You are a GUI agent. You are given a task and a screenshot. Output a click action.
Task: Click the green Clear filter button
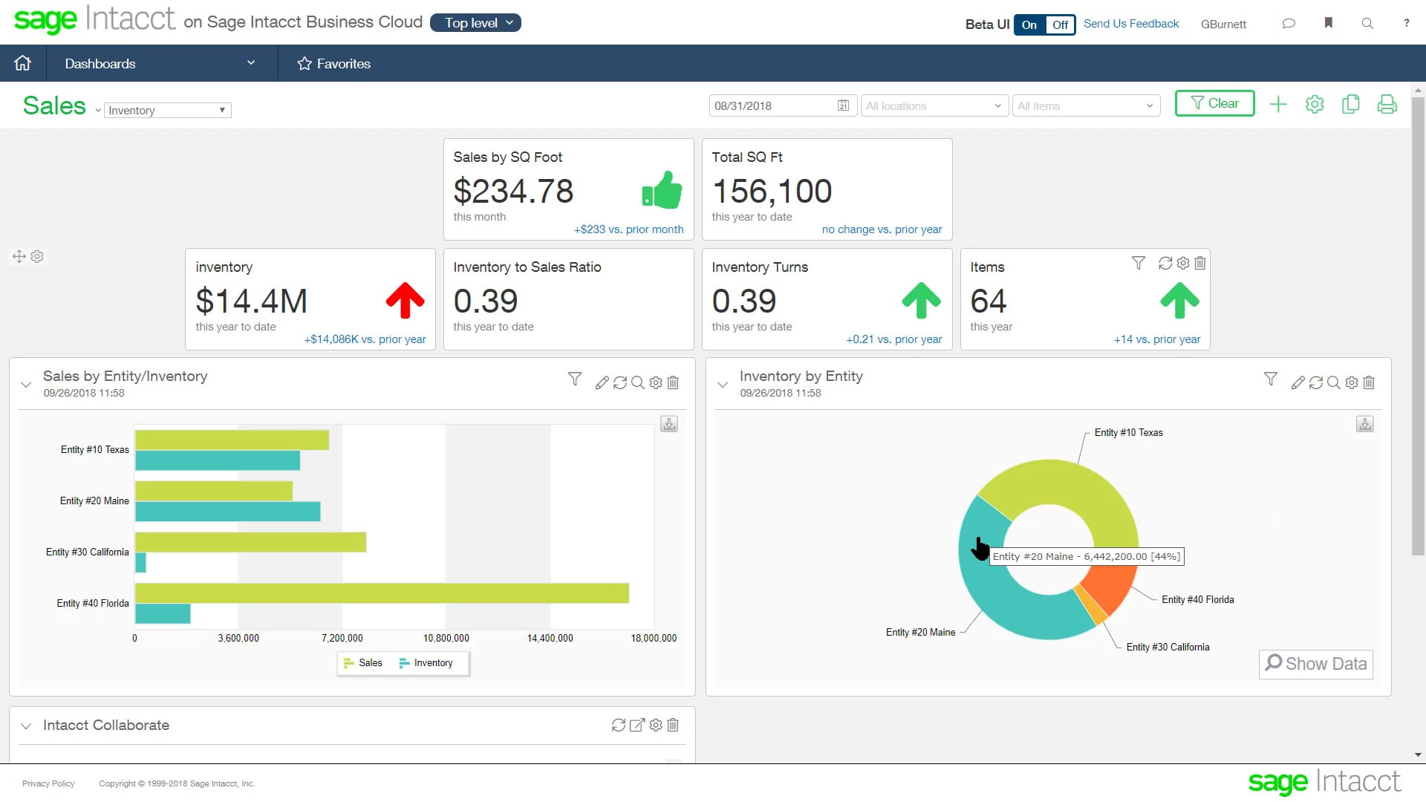[1214, 103]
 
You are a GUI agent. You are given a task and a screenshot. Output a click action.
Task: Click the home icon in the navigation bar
[23, 63]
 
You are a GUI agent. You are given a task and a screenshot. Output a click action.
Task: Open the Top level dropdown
[475, 23]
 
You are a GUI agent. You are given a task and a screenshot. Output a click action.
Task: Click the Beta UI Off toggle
[1060, 25]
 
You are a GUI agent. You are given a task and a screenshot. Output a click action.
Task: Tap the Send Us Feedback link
[1130, 24]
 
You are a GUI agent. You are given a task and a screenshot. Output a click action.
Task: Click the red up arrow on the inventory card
[405, 301]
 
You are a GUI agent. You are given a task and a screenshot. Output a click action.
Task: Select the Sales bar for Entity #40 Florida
[382, 593]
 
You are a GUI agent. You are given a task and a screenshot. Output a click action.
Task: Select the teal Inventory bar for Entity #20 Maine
[227, 512]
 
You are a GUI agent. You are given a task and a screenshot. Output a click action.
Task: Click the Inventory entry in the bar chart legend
[426, 663]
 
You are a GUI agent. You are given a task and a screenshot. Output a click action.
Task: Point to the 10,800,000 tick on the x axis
[446, 638]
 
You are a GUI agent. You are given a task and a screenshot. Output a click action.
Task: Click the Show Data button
[1315, 664]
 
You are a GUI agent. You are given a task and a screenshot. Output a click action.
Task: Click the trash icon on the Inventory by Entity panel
[1369, 382]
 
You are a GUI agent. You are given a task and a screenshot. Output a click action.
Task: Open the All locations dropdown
[934, 105]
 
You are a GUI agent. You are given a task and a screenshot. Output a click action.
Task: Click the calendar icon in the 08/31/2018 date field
[843, 105]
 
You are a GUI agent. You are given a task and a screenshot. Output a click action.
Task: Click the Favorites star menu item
[333, 63]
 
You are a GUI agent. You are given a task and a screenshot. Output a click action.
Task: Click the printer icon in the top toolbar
[1387, 104]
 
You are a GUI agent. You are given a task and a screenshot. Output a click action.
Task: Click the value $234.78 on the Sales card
[513, 192]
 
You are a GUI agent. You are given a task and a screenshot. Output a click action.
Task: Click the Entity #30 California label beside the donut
[1168, 648]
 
